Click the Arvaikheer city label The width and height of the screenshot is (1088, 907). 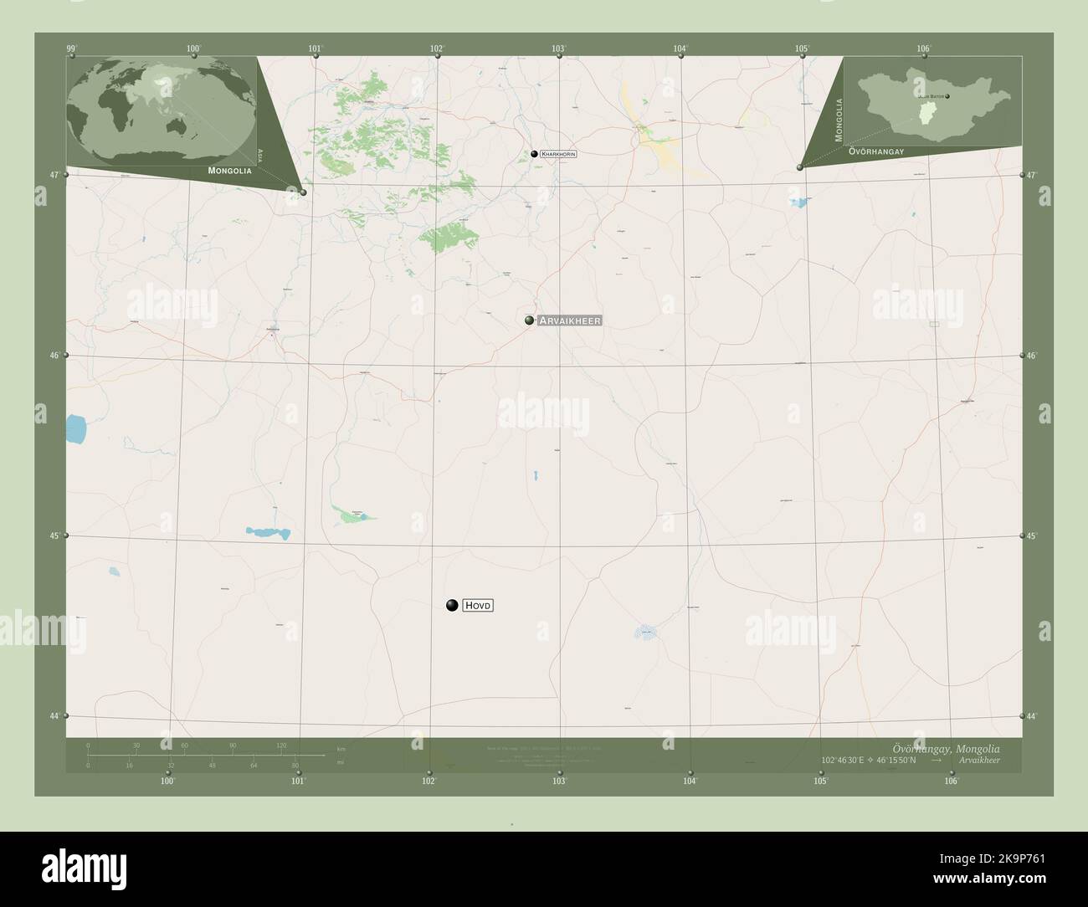(x=570, y=320)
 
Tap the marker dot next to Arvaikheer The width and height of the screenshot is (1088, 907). (x=529, y=320)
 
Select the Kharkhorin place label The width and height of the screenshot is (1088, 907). (x=558, y=154)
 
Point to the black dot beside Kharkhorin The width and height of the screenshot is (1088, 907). (x=533, y=154)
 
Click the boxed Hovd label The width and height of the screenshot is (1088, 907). (x=478, y=605)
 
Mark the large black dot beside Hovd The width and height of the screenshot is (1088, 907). (x=452, y=605)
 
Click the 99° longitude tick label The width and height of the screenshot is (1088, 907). (x=72, y=49)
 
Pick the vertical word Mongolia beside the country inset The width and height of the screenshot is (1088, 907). (x=839, y=118)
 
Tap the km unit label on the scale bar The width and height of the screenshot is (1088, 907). (x=341, y=748)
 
